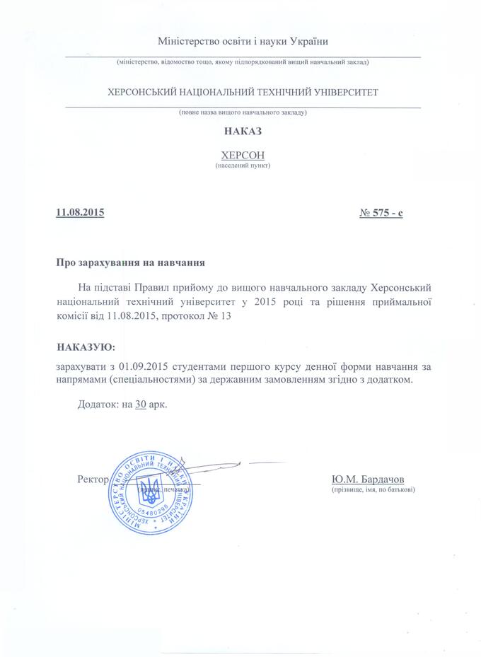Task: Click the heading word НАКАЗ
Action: pyautogui.click(x=242, y=131)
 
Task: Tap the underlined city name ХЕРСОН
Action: pyautogui.click(x=242, y=154)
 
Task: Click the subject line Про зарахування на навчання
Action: pyautogui.click(x=131, y=263)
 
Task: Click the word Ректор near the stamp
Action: pyautogui.click(x=92, y=479)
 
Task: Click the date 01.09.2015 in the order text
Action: pyautogui.click(x=144, y=366)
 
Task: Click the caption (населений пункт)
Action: pyautogui.click(x=243, y=165)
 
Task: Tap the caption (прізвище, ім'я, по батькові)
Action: pyautogui.click(x=373, y=489)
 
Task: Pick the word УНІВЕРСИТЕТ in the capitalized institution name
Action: pyautogui.click(x=344, y=92)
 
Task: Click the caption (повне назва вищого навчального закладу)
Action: pyautogui.click(x=243, y=112)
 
